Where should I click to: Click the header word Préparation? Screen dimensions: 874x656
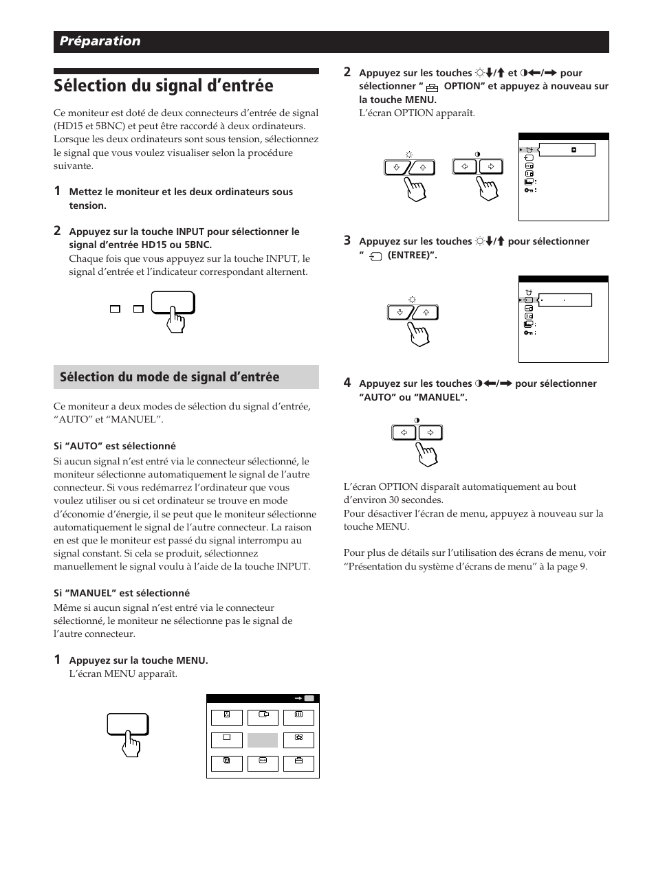[100, 41]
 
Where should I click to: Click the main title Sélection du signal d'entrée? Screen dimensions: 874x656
[163, 86]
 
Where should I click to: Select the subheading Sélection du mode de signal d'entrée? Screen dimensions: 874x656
[170, 377]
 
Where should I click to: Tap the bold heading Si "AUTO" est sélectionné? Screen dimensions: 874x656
[115, 446]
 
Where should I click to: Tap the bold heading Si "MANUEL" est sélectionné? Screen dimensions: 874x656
[122, 593]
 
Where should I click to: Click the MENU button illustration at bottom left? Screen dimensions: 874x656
[127, 726]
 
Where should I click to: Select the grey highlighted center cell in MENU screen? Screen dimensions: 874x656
[263, 740]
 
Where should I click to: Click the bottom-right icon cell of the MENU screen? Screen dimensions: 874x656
[298, 763]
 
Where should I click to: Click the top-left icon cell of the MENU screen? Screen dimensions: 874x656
[226, 717]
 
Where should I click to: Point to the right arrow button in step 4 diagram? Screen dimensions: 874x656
[430, 432]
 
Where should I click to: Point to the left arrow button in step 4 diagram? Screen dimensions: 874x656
[404, 432]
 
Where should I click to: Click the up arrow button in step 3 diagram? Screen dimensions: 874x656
[426, 312]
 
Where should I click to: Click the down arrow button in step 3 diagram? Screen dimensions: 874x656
[400, 312]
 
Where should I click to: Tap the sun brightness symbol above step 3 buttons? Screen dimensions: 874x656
[412, 299]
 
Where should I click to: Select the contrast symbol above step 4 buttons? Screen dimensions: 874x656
[417, 420]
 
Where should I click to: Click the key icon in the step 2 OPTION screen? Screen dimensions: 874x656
[528, 190]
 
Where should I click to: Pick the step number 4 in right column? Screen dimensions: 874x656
[347, 383]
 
